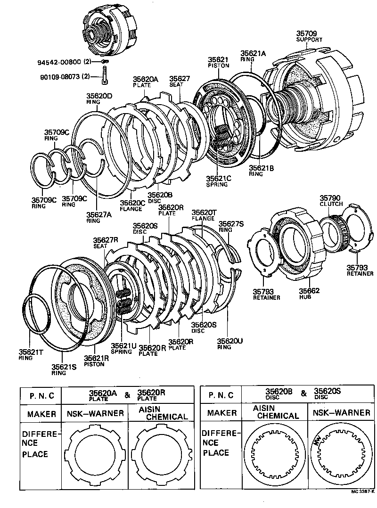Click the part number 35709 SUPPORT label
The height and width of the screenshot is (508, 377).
(309, 36)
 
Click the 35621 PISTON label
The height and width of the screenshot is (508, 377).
(218, 62)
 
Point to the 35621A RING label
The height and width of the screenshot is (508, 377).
(253, 57)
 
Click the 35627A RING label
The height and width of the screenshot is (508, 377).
(99, 217)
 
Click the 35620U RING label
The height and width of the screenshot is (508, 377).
(230, 344)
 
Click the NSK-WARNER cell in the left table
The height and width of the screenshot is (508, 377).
(95, 414)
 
